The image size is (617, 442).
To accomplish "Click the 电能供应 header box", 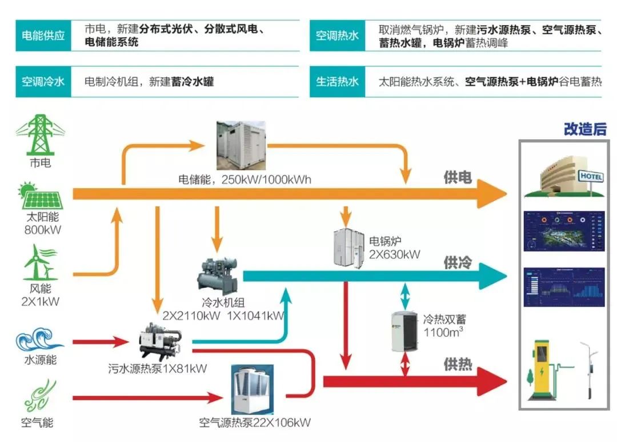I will coord(43,35).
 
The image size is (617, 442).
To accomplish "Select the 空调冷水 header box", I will coord(43,81).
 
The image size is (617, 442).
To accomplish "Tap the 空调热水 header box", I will coord(338,35).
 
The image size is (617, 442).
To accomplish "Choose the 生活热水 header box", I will coord(338,81).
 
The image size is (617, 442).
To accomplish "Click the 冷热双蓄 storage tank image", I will coord(404,330).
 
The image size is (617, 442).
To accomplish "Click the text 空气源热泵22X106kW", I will coord(255,423).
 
